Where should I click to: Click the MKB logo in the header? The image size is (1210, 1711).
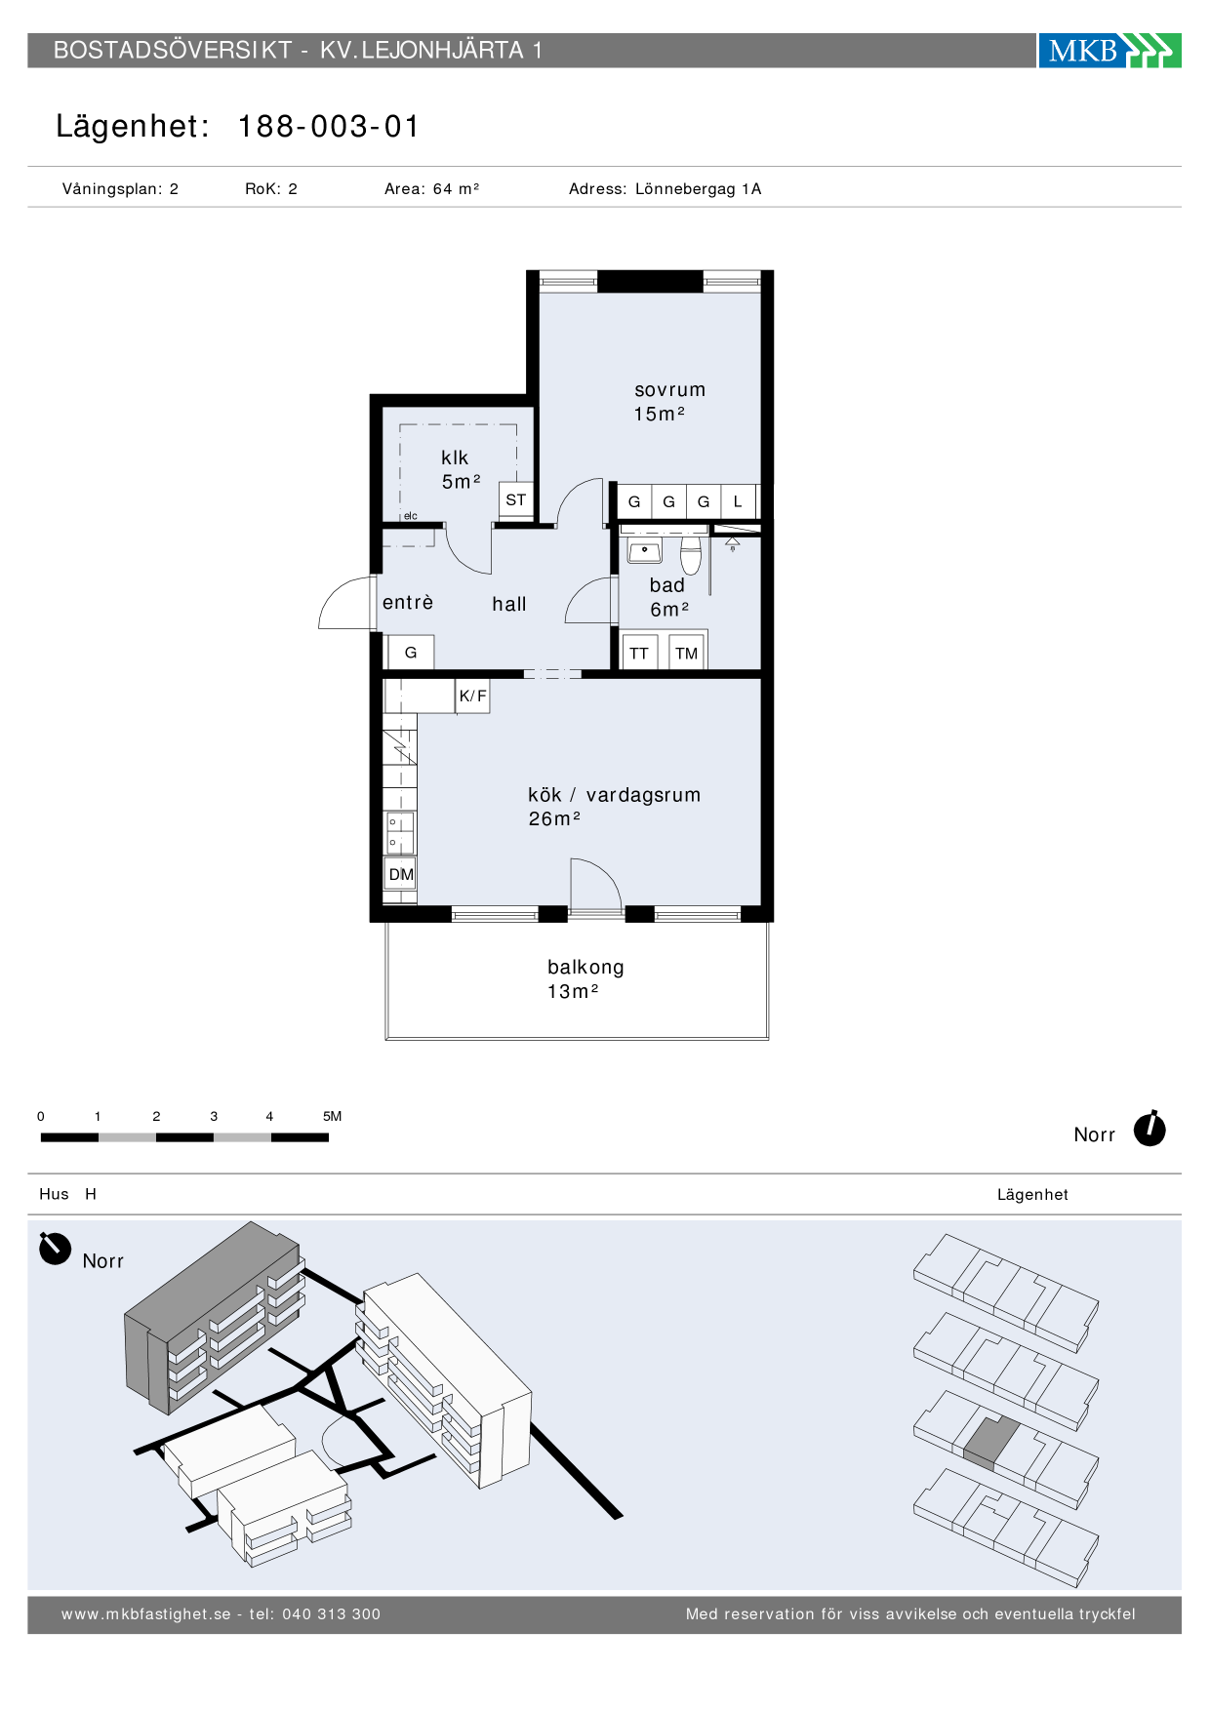[x=1109, y=50]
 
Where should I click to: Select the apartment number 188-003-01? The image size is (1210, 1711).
[x=329, y=127]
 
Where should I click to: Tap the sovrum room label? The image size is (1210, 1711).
[x=669, y=390]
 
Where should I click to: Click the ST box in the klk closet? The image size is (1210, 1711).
[x=516, y=500]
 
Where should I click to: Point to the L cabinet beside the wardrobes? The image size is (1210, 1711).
[x=739, y=501]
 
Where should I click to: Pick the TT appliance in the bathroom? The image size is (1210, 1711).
[x=639, y=653]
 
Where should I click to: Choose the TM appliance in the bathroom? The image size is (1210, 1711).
[x=687, y=653]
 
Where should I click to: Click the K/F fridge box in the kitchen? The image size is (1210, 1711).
[x=473, y=696]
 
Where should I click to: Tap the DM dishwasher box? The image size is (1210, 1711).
[x=401, y=874]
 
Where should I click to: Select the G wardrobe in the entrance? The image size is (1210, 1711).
[x=411, y=653]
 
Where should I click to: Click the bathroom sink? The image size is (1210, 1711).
[x=644, y=551]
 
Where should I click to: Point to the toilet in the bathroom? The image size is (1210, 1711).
[x=691, y=555]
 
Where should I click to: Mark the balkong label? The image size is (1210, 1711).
[x=585, y=967]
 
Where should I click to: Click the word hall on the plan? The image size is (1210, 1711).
[x=509, y=604]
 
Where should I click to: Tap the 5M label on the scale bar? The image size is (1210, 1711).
[x=332, y=1116]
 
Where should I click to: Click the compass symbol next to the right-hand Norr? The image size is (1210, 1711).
[x=1150, y=1129]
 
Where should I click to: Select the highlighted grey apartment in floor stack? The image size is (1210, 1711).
[x=990, y=1443]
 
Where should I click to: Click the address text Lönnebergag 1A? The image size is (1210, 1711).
[x=698, y=189]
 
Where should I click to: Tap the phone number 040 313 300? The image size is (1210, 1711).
[x=332, y=1614]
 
